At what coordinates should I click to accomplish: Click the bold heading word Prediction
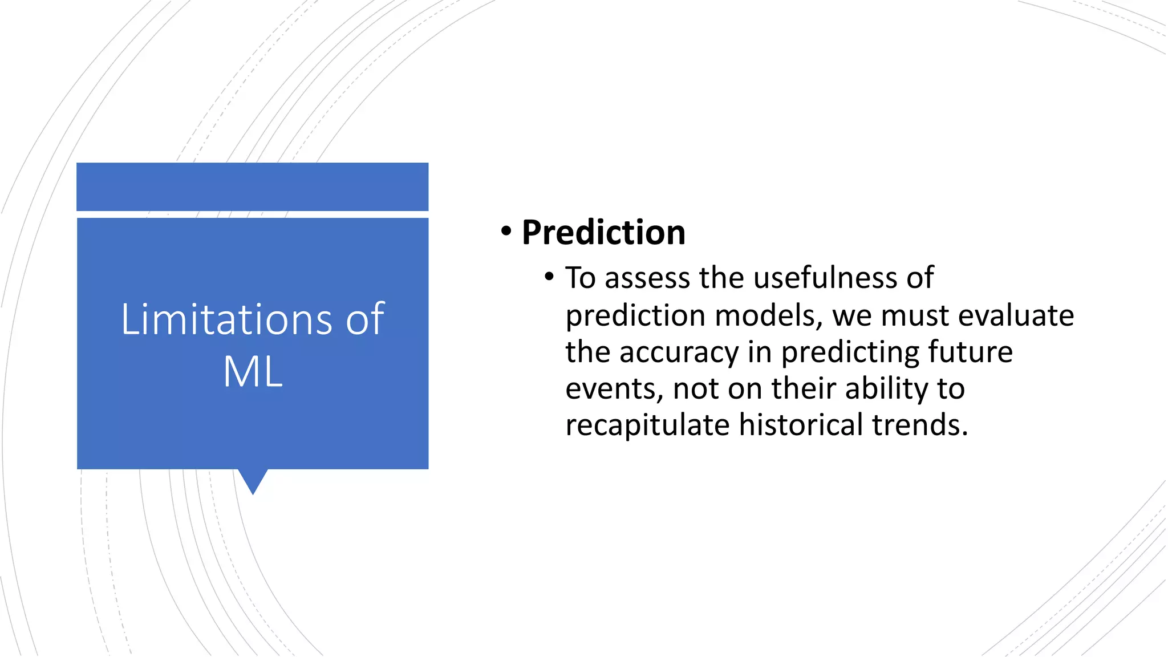click(603, 233)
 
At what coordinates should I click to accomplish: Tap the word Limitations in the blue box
click(226, 319)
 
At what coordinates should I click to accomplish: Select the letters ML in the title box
click(253, 372)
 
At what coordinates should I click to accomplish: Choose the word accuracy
click(679, 352)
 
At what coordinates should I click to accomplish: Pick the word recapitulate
click(647, 425)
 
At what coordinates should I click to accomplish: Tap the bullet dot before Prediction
click(506, 232)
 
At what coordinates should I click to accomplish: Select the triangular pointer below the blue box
click(253, 481)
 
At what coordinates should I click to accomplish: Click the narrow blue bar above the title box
click(252, 186)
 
